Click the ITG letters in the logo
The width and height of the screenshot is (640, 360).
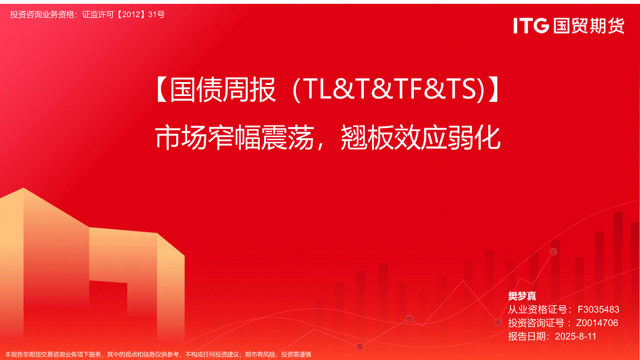click(x=531, y=25)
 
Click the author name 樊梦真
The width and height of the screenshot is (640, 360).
click(x=522, y=296)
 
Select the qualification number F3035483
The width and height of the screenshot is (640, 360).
click(x=598, y=310)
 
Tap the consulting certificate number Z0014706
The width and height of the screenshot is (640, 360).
click(x=597, y=323)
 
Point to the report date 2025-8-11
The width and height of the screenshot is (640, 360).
click(x=576, y=336)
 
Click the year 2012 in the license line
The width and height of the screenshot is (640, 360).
click(x=131, y=14)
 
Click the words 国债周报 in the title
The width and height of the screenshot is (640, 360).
click(x=223, y=90)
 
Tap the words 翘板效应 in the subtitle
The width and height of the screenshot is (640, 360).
click(x=394, y=138)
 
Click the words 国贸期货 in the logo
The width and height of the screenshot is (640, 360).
click(x=589, y=26)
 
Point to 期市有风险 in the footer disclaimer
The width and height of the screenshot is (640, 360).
click(x=260, y=355)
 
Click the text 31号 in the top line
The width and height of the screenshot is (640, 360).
click(x=157, y=14)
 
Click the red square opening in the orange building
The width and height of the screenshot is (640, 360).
click(x=109, y=297)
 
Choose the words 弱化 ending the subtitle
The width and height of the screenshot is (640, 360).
click(x=474, y=138)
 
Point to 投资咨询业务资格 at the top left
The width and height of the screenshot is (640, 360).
click(x=42, y=14)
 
